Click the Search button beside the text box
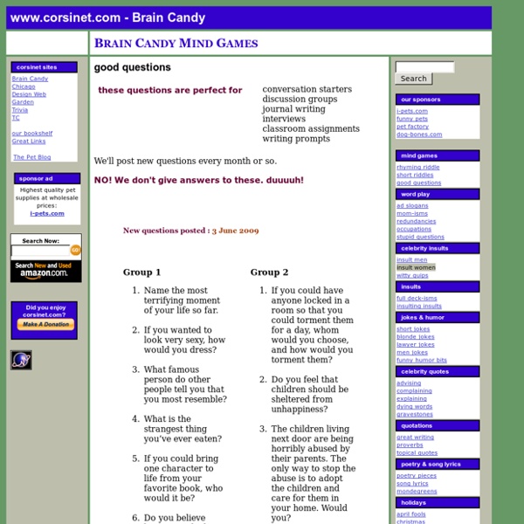click(413, 79)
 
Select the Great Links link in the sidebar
click(29, 141)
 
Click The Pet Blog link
click(32, 157)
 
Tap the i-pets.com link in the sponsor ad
click(46, 213)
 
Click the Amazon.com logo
click(46, 272)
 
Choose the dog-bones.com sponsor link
click(419, 134)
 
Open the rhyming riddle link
click(418, 167)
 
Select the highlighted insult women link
click(416, 267)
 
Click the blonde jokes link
click(415, 336)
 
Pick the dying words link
click(414, 406)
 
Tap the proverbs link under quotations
click(410, 445)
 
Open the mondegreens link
click(417, 492)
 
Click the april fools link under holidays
click(411, 514)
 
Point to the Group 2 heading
click(269, 272)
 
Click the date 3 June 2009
click(235, 231)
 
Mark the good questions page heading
click(132, 67)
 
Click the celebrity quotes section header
click(436, 371)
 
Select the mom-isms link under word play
click(412, 213)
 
